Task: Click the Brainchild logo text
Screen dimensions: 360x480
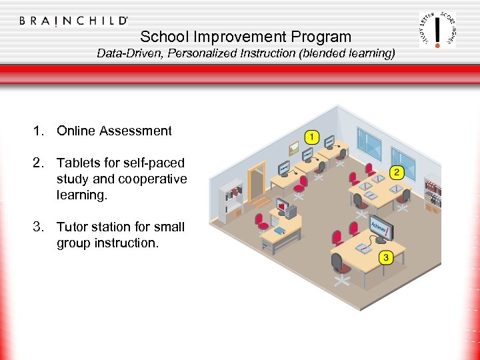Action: pyautogui.click(x=74, y=21)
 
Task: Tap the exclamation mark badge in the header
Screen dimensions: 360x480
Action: pyautogui.click(x=437, y=30)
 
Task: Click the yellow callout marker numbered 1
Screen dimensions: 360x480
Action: pyautogui.click(x=311, y=137)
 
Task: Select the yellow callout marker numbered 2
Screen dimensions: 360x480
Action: pyautogui.click(x=397, y=173)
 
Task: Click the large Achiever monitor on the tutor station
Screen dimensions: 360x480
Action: pyautogui.click(x=381, y=226)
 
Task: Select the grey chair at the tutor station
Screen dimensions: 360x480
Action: pyautogui.click(x=339, y=265)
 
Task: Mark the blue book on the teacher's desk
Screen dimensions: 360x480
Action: pyautogui.click(x=279, y=231)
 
